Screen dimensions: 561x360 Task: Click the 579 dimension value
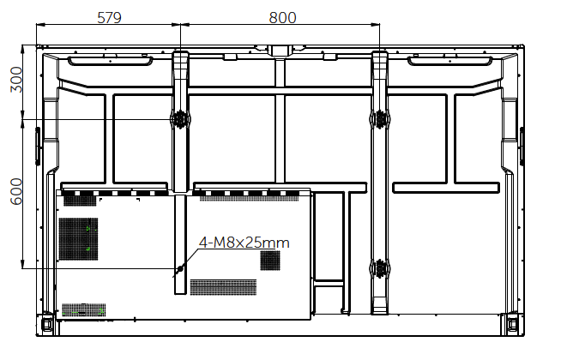point(109,17)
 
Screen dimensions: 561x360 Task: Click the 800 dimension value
point(283,17)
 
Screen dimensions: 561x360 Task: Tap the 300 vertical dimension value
point(16,80)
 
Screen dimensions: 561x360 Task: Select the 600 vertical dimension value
point(16,192)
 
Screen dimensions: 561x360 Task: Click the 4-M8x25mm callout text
point(244,243)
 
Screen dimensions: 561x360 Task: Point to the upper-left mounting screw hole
point(180,118)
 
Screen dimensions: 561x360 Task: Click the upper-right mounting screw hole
point(380,118)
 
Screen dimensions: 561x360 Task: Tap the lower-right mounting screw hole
point(380,268)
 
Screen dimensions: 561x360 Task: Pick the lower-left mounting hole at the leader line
point(180,268)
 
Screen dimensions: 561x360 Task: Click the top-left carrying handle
point(110,61)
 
